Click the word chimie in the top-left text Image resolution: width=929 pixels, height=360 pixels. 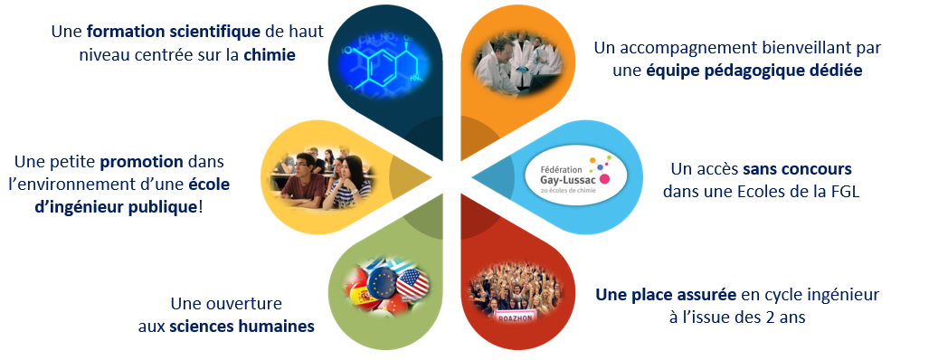tap(270, 56)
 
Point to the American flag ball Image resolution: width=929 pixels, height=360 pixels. tap(412, 284)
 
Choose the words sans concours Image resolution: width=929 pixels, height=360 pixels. tap(797, 169)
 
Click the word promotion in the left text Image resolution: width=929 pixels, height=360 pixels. tap(142, 161)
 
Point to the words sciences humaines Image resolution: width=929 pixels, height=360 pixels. tap(242, 327)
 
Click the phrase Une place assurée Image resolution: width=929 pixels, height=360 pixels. tap(666, 294)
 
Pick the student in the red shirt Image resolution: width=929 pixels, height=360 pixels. tap(303, 181)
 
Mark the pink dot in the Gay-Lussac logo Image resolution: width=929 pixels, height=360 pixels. tap(604, 178)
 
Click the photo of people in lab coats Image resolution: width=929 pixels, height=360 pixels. tap(517, 64)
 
